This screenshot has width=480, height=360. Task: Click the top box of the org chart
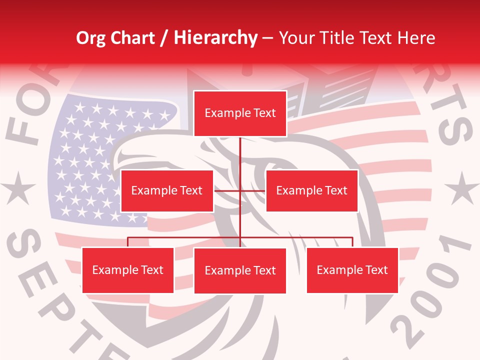point(240,113)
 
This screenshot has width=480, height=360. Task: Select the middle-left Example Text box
point(166,190)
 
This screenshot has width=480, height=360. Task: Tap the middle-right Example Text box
point(311,190)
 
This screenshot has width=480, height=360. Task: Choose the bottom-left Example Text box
point(127,270)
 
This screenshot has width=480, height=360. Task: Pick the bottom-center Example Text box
point(240,270)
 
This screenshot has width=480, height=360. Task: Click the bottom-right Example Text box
point(352,270)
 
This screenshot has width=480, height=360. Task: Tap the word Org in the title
point(90,38)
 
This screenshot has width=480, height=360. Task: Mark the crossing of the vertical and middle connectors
point(240,190)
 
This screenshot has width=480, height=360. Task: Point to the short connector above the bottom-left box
point(127,242)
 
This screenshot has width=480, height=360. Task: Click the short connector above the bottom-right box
point(352,242)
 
